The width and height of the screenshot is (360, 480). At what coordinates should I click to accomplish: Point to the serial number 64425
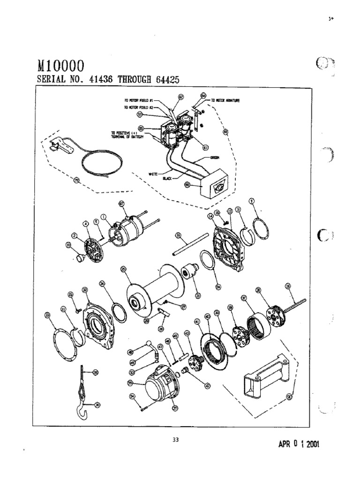pos(163,80)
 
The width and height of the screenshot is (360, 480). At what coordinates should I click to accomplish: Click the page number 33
pos(175,439)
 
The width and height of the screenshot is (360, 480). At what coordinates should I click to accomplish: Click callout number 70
pos(76,179)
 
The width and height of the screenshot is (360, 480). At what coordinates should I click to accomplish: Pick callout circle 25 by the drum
pos(123,269)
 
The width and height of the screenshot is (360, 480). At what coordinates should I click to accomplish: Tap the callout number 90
pos(289,397)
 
